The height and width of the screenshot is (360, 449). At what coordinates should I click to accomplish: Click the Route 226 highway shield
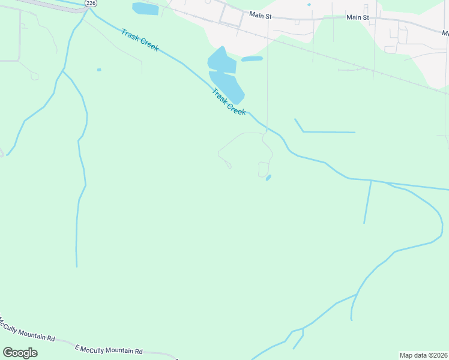click(91, 3)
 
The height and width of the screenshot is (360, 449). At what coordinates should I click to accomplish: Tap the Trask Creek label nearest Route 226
click(140, 40)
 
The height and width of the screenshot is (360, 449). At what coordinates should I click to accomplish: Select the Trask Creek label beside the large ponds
click(229, 102)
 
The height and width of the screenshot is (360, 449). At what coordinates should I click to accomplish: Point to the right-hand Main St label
click(358, 17)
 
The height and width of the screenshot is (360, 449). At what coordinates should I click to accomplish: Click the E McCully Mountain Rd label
click(109, 349)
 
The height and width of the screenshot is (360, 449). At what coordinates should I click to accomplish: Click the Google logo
click(20, 352)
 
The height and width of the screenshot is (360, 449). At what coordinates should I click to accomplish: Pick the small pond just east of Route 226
click(145, 9)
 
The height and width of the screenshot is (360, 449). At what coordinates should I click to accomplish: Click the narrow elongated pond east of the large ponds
click(252, 59)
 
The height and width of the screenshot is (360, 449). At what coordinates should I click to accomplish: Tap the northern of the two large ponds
click(221, 61)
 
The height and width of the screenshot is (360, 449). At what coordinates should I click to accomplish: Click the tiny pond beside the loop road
click(268, 178)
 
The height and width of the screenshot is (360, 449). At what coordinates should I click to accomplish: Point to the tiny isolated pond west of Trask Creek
click(99, 70)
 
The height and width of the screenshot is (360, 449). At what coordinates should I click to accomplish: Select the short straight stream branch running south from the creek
click(367, 202)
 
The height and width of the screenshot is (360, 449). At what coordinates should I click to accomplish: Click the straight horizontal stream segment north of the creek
click(329, 132)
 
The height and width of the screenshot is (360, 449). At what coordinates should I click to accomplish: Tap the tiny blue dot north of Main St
click(309, 5)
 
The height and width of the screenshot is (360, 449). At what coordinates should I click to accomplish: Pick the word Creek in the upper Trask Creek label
click(148, 45)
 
